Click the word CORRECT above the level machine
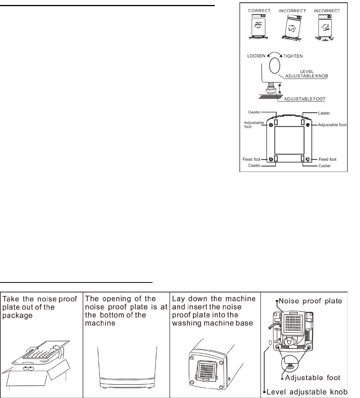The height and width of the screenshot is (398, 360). pos(255,11)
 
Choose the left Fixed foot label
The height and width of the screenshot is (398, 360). pos(251,159)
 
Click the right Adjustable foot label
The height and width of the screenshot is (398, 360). pos(332,125)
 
